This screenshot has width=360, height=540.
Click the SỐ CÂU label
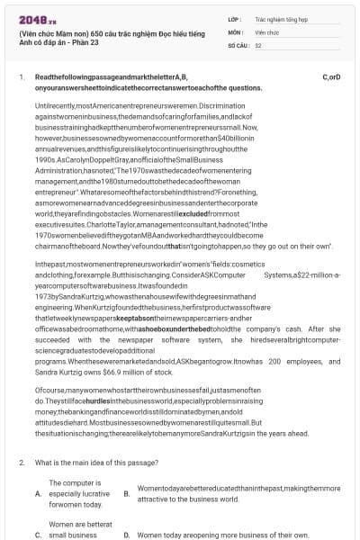click(237, 44)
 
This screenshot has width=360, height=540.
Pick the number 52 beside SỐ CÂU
click(258, 44)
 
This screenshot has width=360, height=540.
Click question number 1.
click(22, 77)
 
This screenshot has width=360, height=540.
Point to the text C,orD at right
click(330, 77)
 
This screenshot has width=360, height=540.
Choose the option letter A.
click(38, 494)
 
